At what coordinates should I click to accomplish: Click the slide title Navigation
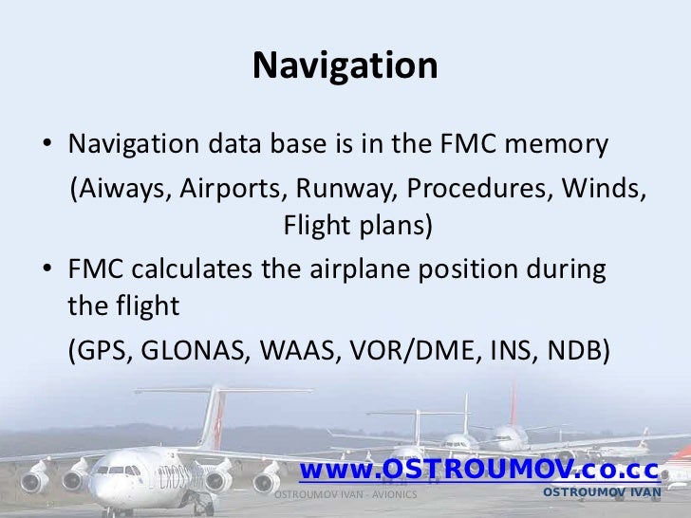coord(345,66)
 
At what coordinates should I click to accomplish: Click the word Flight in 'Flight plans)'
coord(316,227)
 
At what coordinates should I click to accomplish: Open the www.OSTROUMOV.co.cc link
coord(478,470)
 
